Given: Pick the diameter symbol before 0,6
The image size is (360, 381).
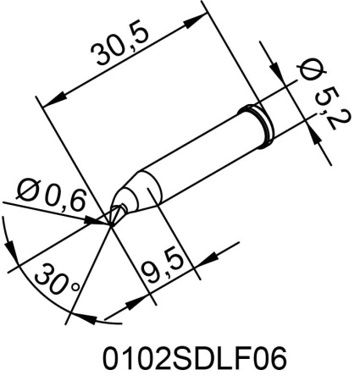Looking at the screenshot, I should coord(28,191).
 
